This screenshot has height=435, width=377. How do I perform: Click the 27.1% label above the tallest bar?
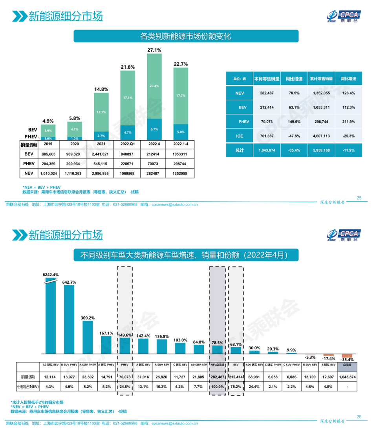coord(154,50)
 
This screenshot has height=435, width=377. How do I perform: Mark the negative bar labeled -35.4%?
coord(347,356)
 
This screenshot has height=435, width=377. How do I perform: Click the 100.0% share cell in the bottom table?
coord(217,386)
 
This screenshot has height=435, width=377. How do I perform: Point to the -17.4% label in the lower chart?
coord(328,359)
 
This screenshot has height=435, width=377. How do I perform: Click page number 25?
coord(359,198)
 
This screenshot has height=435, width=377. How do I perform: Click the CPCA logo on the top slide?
coord(345,15)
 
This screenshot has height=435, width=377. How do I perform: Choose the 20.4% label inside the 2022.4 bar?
coord(154,86)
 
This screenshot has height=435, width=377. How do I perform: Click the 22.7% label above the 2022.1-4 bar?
coord(181,64)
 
